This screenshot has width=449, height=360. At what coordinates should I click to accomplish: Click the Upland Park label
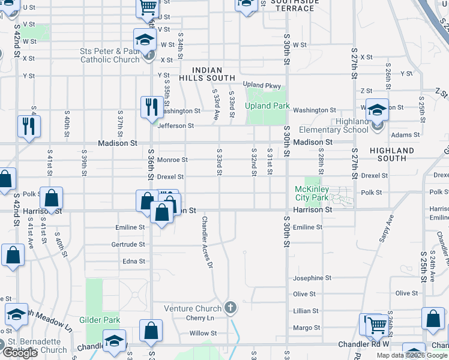pyautogui.click(x=268, y=106)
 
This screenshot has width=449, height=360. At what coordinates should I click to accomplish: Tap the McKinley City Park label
pyautogui.click(x=312, y=193)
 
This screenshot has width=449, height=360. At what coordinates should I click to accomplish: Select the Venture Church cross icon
pyautogui.click(x=229, y=308)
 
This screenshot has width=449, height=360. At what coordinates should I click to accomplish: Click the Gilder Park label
pyautogui.click(x=100, y=320)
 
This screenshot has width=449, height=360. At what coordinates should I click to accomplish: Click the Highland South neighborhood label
pyautogui.click(x=392, y=154)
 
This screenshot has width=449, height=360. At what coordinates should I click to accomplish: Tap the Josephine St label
pyautogui.click(x=312, y=278)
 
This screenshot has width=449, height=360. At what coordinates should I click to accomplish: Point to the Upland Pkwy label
pyautogui.click(x=262, y=86)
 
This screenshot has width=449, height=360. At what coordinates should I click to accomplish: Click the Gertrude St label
pyautogui.click(x=128, y=244)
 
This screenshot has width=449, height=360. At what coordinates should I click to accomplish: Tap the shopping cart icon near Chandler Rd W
pyautogui.click(x=377, y=325)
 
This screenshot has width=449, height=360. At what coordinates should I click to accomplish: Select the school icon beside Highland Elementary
pyautogui.click(x=377, y=110)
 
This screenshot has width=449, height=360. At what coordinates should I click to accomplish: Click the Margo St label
pyautogui.click(x=306, y=328)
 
